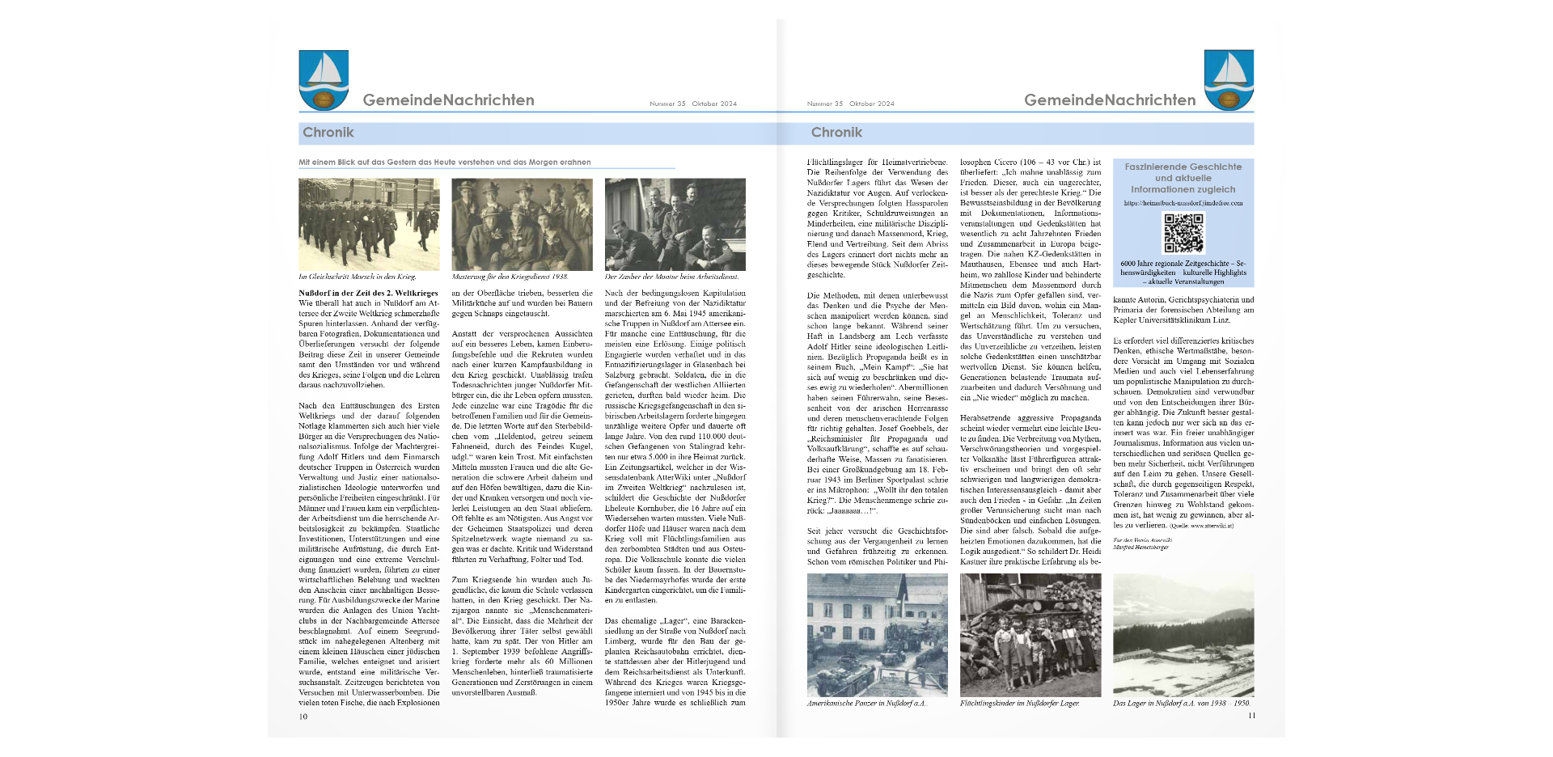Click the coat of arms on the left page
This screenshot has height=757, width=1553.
point(324,79)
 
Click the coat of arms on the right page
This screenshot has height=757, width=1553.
point(1228,79)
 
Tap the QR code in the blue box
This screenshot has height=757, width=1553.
point(1183,233)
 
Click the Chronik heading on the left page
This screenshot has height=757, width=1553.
point(328,133)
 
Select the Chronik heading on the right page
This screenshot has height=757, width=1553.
point(836,133)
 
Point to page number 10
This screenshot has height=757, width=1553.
point(303,717)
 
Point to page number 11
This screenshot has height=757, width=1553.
point(1251,716)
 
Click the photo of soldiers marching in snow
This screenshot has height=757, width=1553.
point(369,224)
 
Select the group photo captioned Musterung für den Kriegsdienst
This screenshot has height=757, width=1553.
point(522,224)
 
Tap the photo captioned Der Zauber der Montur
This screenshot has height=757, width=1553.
point(675,224)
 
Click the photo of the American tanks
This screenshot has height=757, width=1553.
point(877,635)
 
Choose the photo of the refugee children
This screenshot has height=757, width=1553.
point(1030,635)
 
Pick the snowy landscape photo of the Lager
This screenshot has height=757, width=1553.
point(1183,635)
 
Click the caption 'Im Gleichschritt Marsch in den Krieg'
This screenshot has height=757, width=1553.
point(358,277)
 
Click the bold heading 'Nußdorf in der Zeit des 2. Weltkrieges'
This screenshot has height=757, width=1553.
point(368,294)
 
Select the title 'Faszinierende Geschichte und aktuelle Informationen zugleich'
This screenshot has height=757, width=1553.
point(1183,178)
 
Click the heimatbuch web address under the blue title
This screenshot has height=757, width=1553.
point(1183,204)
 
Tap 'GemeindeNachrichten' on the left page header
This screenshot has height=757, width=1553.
point(448,100)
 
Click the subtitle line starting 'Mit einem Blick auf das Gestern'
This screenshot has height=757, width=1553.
point(445,163)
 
